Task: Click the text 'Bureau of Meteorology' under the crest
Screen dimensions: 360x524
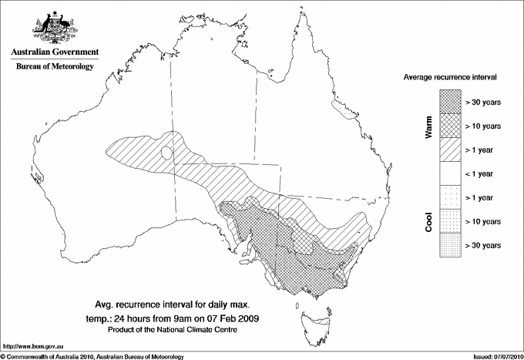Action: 54,67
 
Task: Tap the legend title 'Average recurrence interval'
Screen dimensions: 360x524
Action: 450,78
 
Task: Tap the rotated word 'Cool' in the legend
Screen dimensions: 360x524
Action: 428,221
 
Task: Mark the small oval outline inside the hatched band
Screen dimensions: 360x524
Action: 166,153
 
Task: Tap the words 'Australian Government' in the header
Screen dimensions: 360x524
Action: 54,52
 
